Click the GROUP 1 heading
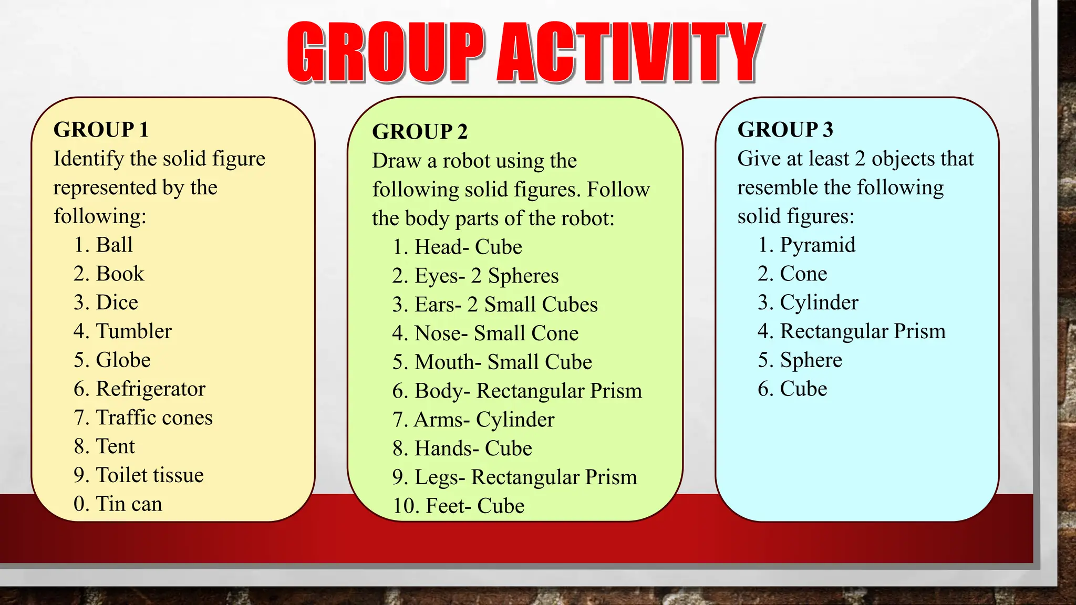[x=101, y=130]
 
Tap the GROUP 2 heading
[x=419, y=132]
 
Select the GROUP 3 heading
[x=785, y=130]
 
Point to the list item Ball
[x=114, y=245]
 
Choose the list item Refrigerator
[x=150, y=389]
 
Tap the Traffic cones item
[x=154, y=418]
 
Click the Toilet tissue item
[x=150, y=475]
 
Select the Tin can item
[x=129, y=504]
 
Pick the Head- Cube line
[x=468, y=247]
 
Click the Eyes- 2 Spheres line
[x=486, y=276]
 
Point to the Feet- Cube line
[x=474, y=506]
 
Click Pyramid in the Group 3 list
[x=818, y=245]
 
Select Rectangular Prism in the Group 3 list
[x=863, y=331]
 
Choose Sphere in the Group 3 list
[x=811, y=360]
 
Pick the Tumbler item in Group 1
[x=133, y=331]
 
